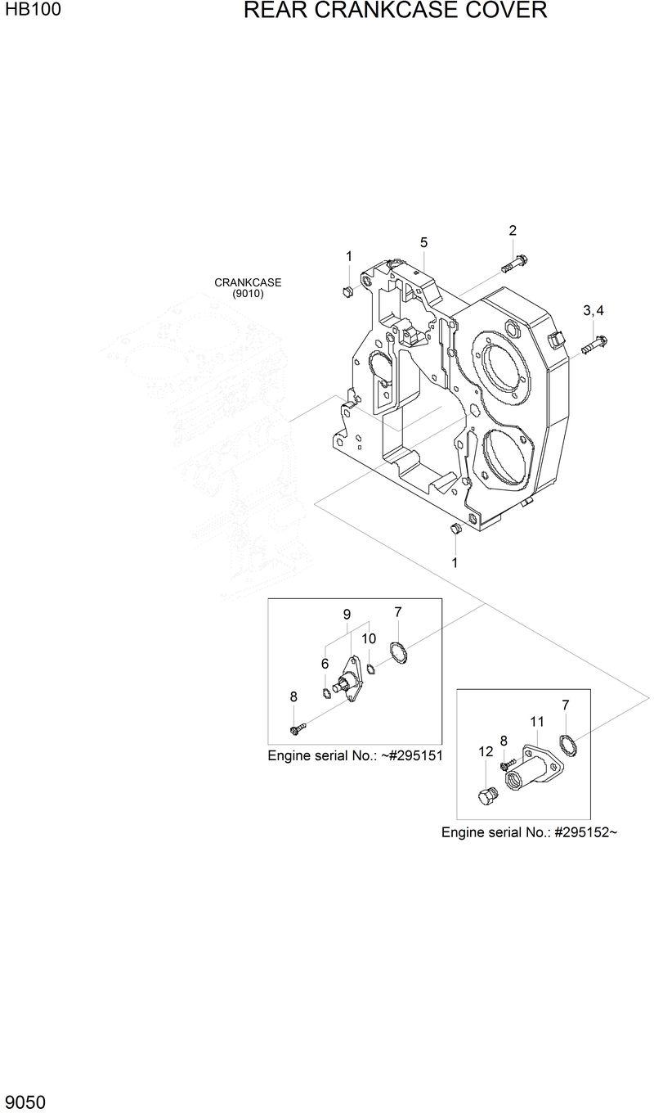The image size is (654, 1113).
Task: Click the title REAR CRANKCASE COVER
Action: point(395,11)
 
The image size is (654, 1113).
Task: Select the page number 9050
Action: point(25,1102)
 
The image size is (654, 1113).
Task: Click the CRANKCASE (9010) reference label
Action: point(248,288)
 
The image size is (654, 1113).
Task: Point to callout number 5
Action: point(424,242)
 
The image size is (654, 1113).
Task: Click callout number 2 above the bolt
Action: point(513,230)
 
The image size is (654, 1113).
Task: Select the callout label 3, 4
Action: point(593,310)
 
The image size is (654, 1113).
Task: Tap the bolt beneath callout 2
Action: point(512,264)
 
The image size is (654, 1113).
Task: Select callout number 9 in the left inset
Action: point(347,614)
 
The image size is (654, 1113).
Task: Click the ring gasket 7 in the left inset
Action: point(397,653)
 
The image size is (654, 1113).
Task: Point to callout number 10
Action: point(369,638)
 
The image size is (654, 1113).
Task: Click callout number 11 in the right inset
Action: point(536,721)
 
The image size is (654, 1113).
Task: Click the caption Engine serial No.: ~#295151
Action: point(355,755)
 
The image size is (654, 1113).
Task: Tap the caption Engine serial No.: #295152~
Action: point(529,832)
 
